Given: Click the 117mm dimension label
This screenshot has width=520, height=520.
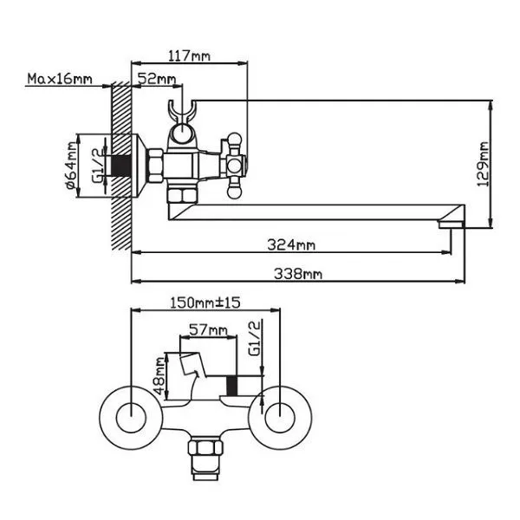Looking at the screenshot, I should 189,57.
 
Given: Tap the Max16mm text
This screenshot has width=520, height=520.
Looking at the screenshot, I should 60,80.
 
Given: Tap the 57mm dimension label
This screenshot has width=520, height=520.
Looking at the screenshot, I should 208,330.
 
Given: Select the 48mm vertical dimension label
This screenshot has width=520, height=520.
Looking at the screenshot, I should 159,375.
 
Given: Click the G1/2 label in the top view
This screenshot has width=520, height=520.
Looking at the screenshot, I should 254,340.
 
